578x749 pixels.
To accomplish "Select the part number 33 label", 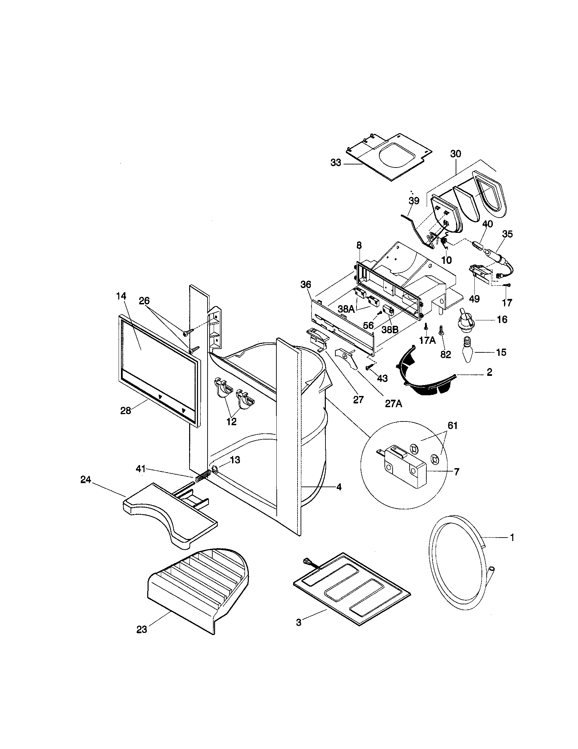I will (336, 163).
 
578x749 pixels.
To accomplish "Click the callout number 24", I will (86, 480).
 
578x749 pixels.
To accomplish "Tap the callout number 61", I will (453, 426).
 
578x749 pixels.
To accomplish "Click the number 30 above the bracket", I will (455, 154).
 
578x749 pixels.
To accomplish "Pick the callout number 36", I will (306, 284).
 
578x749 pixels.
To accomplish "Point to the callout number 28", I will (125, 410).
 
